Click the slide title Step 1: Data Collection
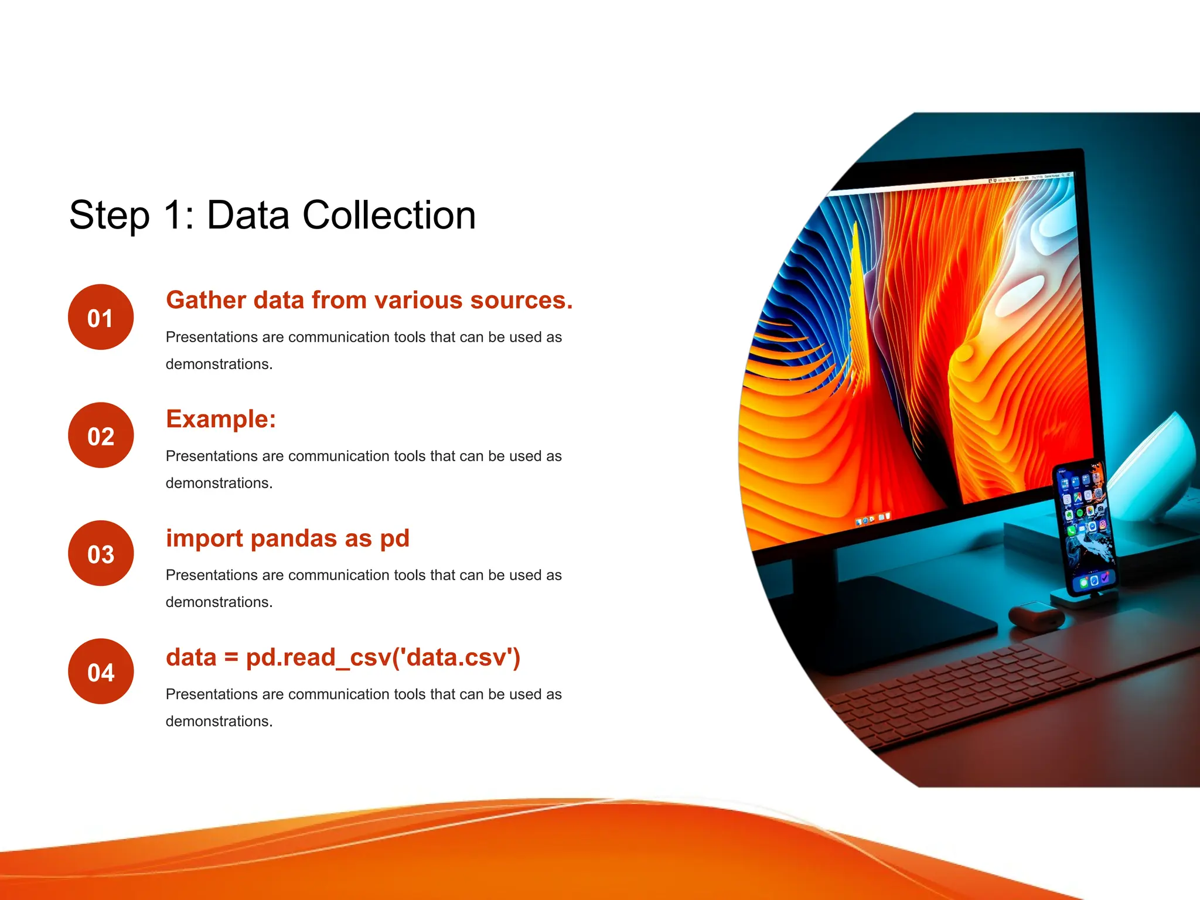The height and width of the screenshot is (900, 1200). pos(272,216)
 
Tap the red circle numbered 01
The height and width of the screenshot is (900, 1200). pos(101,317)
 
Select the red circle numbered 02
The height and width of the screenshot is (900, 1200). pos(101,435)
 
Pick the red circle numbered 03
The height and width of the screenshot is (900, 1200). pos(101,554)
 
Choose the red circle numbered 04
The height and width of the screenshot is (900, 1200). pos(101,671)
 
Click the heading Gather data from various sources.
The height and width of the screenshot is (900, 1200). pos(369,300)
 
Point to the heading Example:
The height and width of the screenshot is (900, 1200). pos(221,419)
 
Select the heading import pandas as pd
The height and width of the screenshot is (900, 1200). pos(287,538)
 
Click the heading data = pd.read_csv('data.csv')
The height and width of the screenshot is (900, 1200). pos(343,657)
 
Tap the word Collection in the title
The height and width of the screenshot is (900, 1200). pos(389,216)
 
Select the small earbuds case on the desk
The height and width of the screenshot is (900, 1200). pos(1036,616)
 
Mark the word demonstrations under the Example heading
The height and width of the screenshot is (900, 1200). pos(219,483)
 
